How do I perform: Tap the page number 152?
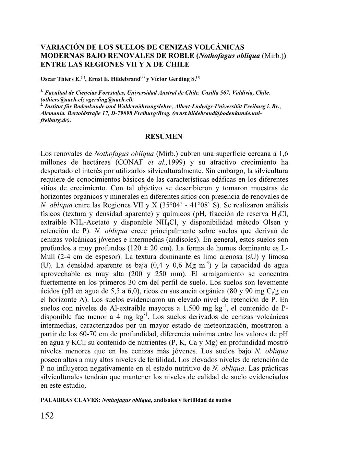tap(47, 416)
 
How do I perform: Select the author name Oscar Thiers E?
tap(61, 79)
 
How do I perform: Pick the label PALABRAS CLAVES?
tap(70, 400)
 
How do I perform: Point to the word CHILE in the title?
tap(178, 64)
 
